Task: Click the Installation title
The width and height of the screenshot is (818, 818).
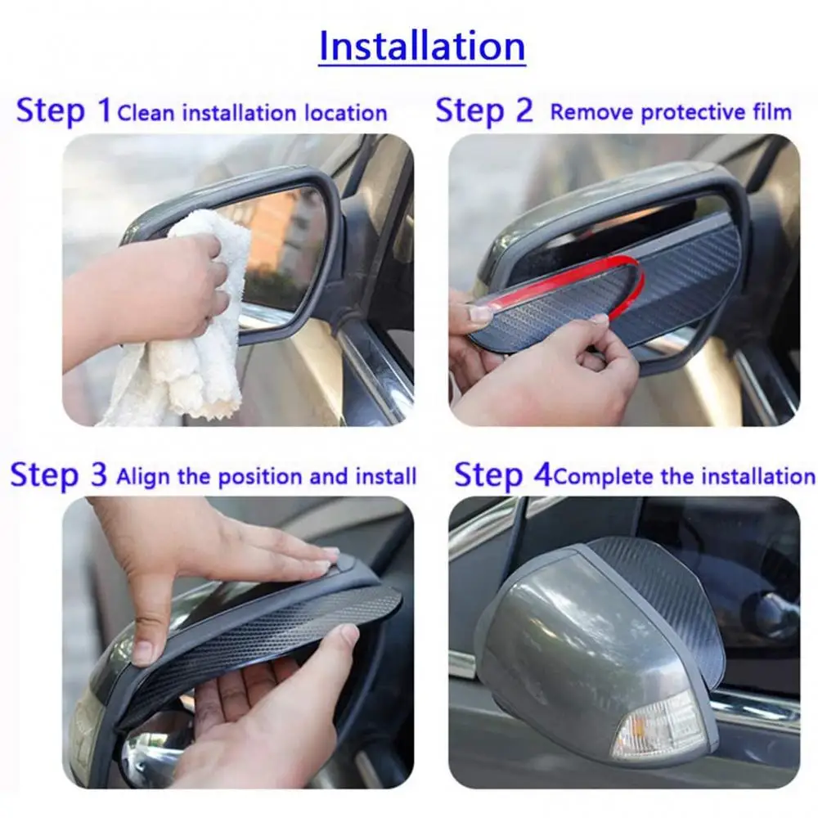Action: [421, 46]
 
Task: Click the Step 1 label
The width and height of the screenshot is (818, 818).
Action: [63, 110]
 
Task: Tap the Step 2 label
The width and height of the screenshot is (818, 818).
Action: [483, 110]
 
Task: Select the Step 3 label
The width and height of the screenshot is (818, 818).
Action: [58, 475]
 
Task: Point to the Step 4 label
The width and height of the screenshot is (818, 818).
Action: [501, 475]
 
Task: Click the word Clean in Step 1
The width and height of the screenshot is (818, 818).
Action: [146, 112]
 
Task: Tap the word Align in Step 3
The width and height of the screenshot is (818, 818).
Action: [144, 476]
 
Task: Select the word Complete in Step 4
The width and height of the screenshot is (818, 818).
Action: [604, 476]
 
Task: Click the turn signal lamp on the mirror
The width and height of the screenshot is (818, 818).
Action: [658, 725]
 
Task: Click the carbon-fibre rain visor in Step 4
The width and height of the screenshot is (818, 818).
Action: [663, 589]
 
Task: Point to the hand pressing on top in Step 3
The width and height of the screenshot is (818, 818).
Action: [237, 556]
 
